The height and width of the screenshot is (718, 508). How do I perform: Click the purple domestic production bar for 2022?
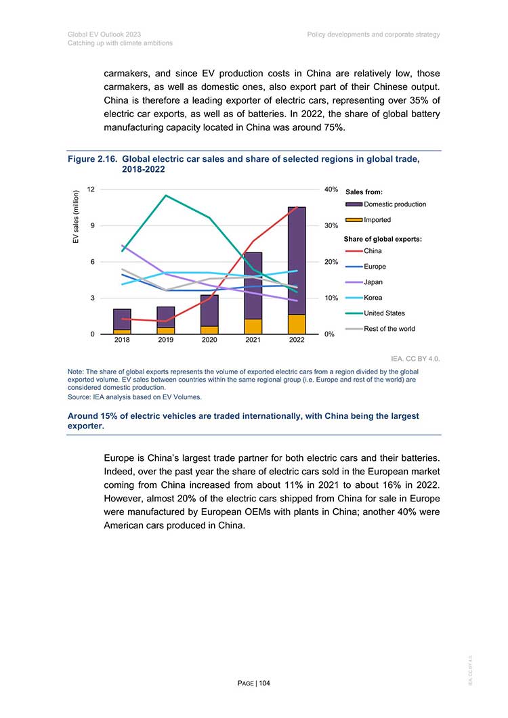coord(297,261)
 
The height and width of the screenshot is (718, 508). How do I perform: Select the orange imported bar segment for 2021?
coord(253,326)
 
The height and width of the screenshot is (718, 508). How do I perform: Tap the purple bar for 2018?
coord(122,319)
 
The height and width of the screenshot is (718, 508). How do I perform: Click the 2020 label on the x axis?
coord(209,340)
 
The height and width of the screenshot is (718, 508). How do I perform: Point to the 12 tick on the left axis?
coord(91,189)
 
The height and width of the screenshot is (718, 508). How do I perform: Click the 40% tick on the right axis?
coord(331,189)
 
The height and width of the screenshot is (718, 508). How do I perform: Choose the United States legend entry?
coord(375,313)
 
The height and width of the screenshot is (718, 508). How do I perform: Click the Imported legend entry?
coord(368,220)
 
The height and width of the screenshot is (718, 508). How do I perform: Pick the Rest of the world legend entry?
coord(380,329)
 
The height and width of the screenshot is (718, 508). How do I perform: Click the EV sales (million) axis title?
coord(76,217)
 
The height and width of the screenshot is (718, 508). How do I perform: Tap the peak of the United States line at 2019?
coord(165,196)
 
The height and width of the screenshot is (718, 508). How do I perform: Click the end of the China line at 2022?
coord(297,207)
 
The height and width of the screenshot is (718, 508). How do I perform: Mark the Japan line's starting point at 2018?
coord(122,246)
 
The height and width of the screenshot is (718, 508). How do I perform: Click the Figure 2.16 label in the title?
coord(92,159)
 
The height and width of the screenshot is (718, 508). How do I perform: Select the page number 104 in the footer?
coord(265,683)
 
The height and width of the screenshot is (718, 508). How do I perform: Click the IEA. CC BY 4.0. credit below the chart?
coord(415,359)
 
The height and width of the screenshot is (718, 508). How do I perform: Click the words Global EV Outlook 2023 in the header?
coord(104,35)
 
